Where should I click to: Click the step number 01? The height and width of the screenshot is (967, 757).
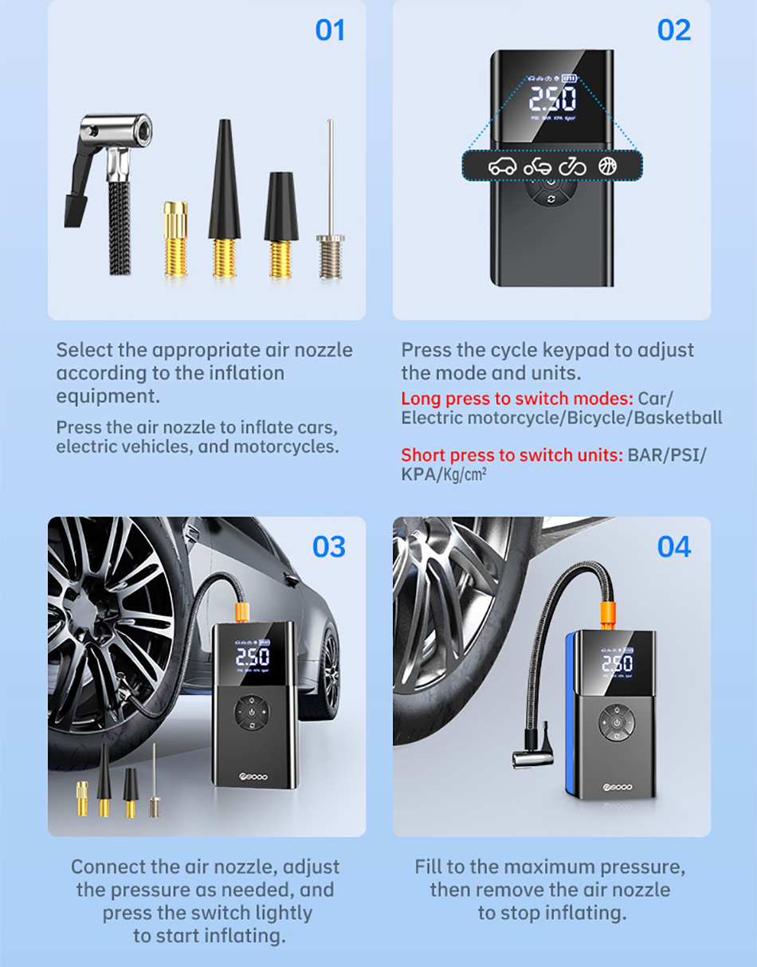pyautogui.click(x=330, y=30)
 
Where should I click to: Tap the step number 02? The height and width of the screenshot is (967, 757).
pyautogui.click(x=674, y=30)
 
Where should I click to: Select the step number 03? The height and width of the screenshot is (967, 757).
pyautogui.click(x=328, y=546)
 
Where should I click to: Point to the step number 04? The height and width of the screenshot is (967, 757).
pyautogui.click(x=674, y=546)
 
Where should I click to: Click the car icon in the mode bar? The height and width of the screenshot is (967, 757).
pyautogui.click(x=503, y=167)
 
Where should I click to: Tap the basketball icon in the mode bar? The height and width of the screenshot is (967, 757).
pyautogui.click(x=607, y=166)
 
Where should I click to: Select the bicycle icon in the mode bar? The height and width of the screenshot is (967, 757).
pyautogui.click(x=572, y=167)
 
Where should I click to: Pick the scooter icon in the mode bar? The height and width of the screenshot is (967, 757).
pyautogui.click(x=537, y=167)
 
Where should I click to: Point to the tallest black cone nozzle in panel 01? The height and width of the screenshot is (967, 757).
pyautogui.click(x=225, y=198)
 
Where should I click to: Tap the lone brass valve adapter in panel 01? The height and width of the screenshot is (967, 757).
pyautogui.click(x=175, y=239)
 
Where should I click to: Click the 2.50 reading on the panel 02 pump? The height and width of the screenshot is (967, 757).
pyautogui.click(x=552, y=99)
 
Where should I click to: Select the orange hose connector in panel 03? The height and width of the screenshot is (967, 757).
pyautogui.click(x=242, y=611)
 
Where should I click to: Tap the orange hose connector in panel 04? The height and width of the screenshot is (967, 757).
pyautogui.click(x=607, y=615)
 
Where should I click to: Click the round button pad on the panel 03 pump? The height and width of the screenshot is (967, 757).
pyautogui.click(x=252, y=713)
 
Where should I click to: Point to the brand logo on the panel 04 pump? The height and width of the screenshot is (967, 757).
pyautogui.click(x=618, y=787)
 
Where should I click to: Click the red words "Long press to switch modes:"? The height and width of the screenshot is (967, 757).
pyautogui.click(x=517, y=399)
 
